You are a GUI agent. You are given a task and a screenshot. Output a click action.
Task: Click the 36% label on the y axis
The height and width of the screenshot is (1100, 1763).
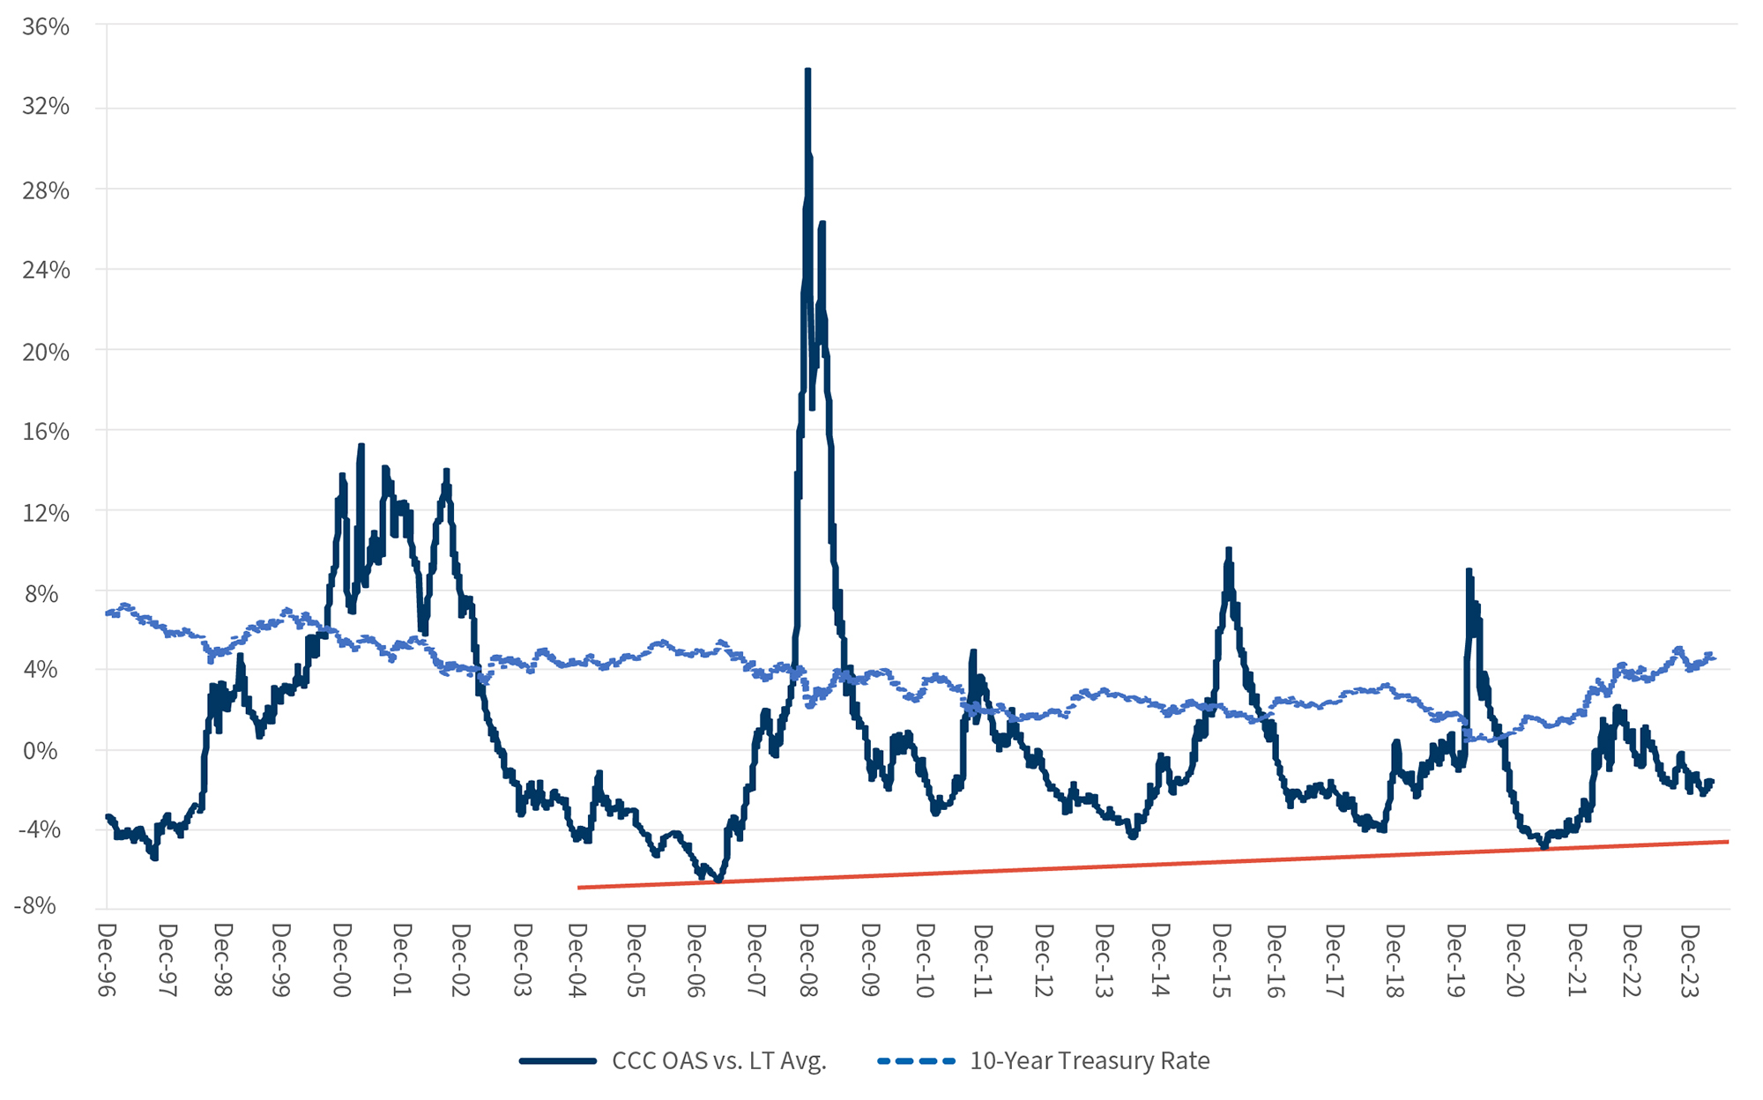[46, 27]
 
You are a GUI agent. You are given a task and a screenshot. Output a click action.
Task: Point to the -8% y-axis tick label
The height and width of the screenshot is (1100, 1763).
[37, 906]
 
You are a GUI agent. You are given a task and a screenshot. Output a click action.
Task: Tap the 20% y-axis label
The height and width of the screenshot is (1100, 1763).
[46, 352]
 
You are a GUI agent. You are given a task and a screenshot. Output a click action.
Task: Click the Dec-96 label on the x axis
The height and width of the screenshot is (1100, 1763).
[107, 961]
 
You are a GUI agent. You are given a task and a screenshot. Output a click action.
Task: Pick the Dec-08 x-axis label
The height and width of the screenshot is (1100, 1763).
[809, 961]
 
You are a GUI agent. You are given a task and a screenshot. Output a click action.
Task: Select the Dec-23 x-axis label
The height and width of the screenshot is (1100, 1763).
[1689, 961]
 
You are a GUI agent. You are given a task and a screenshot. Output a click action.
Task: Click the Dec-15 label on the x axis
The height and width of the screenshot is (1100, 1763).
[1221, 961]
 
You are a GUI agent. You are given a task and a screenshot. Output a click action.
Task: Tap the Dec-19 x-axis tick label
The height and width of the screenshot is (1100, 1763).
[1455, 961]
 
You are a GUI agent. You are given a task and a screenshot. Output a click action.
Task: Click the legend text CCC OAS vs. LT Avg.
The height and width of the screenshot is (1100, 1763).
[719, 1060]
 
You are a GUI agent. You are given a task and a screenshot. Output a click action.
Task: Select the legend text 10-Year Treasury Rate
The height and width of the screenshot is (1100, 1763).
[1090, 1060]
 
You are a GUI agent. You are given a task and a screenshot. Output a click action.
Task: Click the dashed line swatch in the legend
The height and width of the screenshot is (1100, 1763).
[916, 1060]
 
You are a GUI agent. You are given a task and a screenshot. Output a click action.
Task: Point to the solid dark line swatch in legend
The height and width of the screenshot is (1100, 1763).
[558, 1060]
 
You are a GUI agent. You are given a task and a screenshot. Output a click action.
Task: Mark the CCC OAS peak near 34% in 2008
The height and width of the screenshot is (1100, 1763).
[807, 71]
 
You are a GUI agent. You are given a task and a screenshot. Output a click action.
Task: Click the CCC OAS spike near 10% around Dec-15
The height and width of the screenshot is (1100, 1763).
[1228, 550]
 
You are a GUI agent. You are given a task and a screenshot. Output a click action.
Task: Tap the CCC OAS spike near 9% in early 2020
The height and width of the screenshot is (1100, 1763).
[1469, 571]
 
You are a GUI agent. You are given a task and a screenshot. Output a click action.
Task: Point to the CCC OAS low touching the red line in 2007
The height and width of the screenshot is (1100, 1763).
[718, 879]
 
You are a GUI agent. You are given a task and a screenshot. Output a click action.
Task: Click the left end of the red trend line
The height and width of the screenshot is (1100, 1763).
[579, 888]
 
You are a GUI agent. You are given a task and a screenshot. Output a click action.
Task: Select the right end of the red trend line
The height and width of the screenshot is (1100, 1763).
[1728, 842]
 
